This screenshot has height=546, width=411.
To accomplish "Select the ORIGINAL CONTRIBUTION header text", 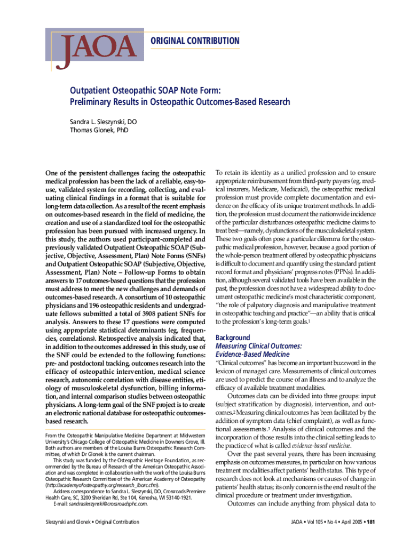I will (x=195, y=41).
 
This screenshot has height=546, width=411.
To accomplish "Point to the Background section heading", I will (x=232, y=338).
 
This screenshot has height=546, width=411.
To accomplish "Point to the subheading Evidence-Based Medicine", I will (x=252, y=354).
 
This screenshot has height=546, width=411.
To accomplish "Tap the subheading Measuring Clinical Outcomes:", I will (x=258, y=346).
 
